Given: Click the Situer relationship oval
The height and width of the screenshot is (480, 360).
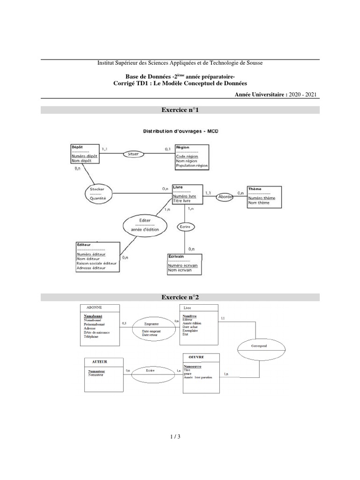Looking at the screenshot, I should click(134, 153).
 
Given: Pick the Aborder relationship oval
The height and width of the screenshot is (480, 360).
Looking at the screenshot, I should click(225, 197).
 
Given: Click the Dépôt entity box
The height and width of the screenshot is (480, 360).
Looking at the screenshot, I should click(85, 154).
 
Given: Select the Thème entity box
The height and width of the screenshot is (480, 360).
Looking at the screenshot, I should click(265, 195).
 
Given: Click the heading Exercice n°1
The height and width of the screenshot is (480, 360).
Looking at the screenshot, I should click(180, 110).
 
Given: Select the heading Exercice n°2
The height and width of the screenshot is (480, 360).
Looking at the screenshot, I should click(180, 297).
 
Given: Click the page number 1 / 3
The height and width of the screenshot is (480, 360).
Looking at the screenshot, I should click(175, 437).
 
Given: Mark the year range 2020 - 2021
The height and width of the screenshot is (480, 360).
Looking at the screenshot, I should click(303, 94).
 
